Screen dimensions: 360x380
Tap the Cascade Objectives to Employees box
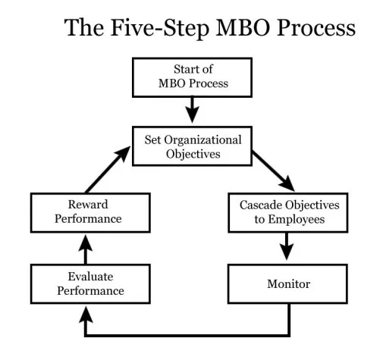(285, 213)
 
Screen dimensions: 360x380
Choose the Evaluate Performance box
(86, 283)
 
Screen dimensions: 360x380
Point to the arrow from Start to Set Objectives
(192, 109)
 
